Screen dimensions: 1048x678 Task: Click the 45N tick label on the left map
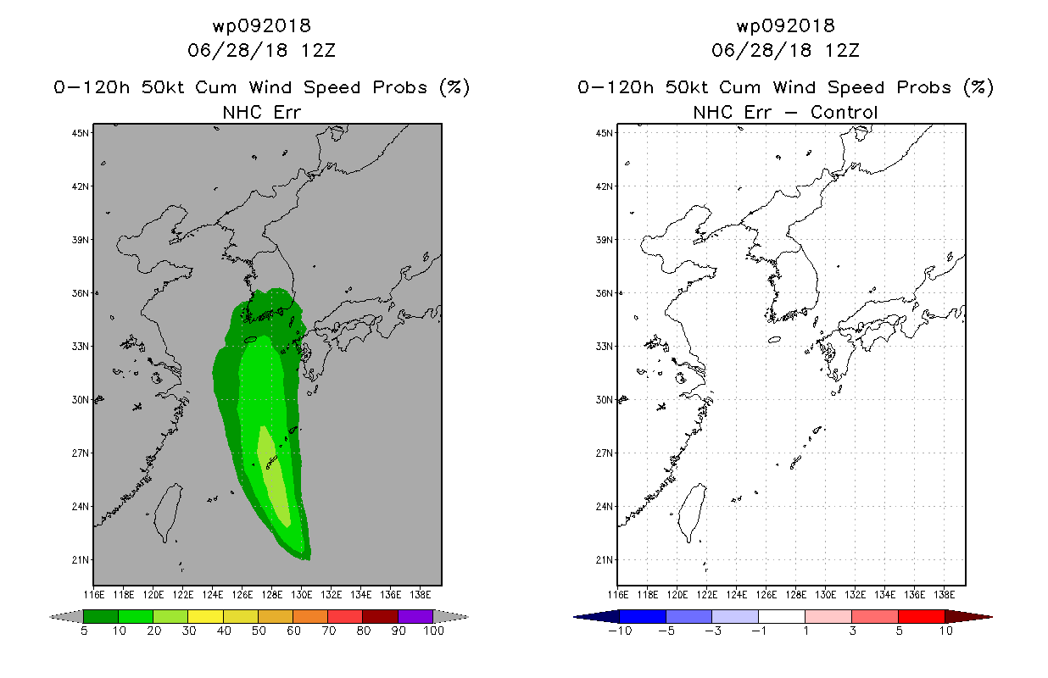point(80,133)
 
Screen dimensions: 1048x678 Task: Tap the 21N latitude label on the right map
point(604,559)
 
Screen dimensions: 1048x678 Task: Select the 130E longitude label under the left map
point(302,595)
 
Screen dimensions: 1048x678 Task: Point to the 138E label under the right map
point(945,595)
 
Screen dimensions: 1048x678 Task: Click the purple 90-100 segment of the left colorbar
point(415,616)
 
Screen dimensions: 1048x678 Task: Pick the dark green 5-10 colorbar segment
point(101,616)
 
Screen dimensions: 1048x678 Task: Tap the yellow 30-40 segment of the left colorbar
point(206,616)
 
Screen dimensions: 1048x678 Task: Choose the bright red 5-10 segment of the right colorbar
point(922,616)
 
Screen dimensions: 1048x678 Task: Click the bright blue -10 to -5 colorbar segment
point(643,616)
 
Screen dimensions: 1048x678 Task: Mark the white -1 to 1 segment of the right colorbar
point(782,616)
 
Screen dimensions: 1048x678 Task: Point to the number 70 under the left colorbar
point(328,631)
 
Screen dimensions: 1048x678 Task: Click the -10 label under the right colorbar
point(620,631)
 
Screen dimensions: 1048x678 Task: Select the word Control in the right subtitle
point(844,112)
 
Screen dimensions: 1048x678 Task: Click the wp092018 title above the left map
point(261,25)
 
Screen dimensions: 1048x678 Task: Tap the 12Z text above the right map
point(842,50)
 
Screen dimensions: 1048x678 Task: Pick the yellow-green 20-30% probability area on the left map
point(274,477)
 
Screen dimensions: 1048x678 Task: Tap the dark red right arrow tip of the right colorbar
point(991,617)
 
